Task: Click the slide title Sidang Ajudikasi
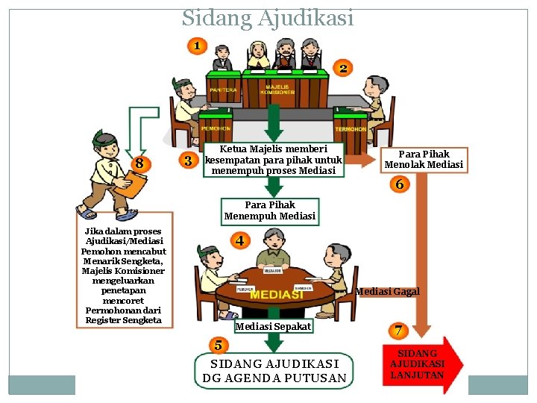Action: click(268, 16)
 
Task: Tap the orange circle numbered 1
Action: click(196, 46)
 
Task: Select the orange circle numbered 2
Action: click(342, 69)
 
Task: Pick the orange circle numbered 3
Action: click(188, 160)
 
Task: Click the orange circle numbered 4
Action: click(239, 241)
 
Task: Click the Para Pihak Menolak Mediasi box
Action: click(424, 159)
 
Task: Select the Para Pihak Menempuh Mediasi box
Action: click(270, 210)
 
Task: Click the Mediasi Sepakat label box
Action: click(273, 327)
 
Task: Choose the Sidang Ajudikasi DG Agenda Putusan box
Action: click(274, 370)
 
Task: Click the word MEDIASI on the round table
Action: click(276, 295)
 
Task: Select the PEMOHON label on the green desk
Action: click(215, 128)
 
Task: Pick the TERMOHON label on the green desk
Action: click(350, 129)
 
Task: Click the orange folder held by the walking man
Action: click(135, 181)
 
